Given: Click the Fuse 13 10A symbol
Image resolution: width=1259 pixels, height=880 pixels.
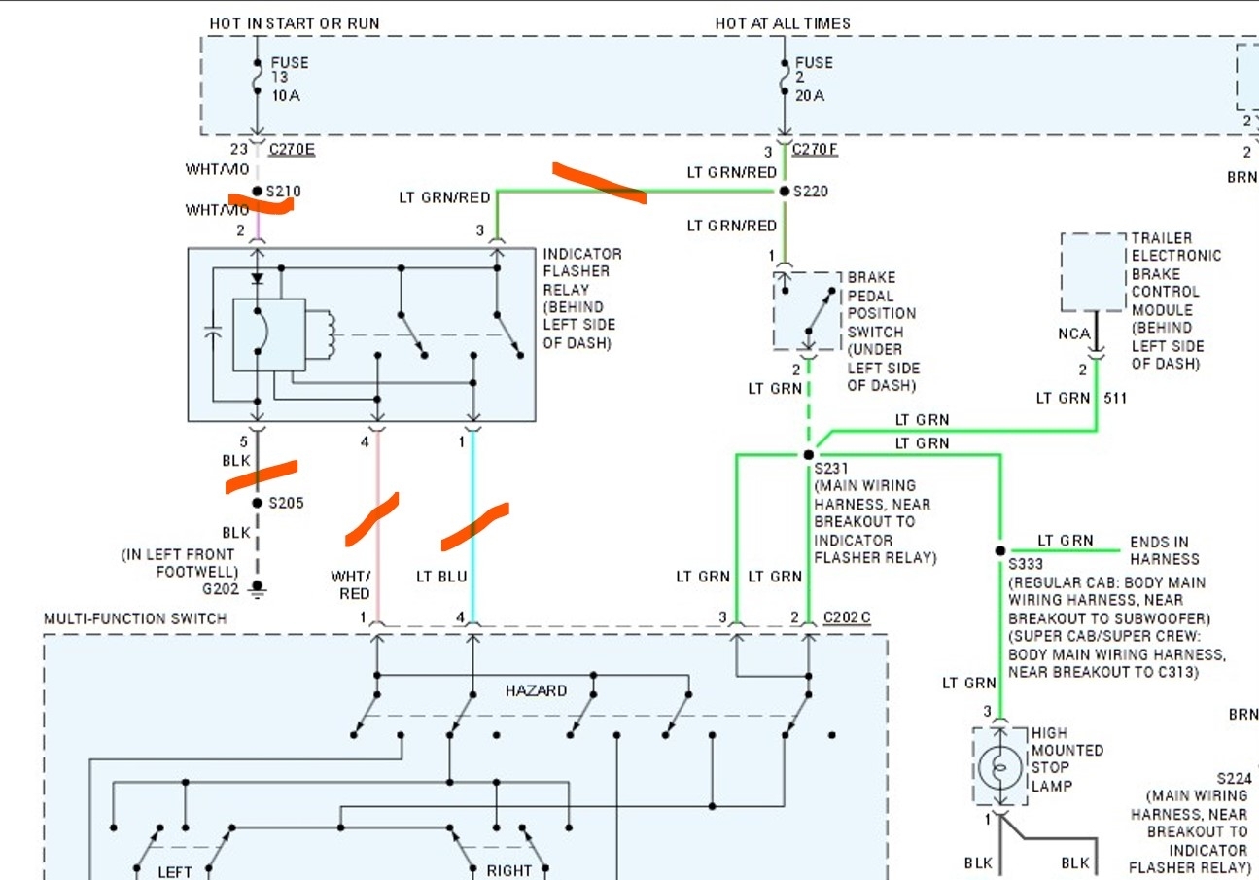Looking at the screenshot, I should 258,78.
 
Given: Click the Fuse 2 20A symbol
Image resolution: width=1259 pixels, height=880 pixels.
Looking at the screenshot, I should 785,78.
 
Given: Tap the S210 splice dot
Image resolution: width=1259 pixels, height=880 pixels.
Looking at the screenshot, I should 258,192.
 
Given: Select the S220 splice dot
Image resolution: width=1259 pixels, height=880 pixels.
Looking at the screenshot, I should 785,192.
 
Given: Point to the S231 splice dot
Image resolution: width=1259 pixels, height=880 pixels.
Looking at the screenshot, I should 808,454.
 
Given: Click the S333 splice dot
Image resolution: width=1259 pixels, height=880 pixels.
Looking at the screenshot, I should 999,550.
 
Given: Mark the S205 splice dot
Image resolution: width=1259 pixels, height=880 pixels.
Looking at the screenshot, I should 258,503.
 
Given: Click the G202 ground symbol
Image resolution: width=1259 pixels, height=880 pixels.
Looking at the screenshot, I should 258,587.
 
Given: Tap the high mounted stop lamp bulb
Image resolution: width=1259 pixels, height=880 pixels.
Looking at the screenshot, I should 998,768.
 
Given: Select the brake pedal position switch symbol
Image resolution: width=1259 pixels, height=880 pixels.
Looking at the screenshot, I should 807,310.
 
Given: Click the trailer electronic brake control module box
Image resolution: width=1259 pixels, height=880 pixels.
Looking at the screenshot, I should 1094,271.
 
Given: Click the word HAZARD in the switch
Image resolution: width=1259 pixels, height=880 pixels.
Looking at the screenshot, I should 536,690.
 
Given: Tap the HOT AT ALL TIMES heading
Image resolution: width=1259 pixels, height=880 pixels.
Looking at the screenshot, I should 783,23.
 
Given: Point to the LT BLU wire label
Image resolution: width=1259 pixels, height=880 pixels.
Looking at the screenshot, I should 441,577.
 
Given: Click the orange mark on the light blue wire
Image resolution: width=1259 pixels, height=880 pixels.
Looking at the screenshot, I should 474,525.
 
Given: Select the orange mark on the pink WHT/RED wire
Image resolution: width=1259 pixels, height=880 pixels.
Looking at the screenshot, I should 372,518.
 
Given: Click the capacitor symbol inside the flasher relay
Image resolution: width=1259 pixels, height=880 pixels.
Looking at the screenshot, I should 213,334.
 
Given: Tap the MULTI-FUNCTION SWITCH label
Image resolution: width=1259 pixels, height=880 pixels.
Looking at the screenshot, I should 135,618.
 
